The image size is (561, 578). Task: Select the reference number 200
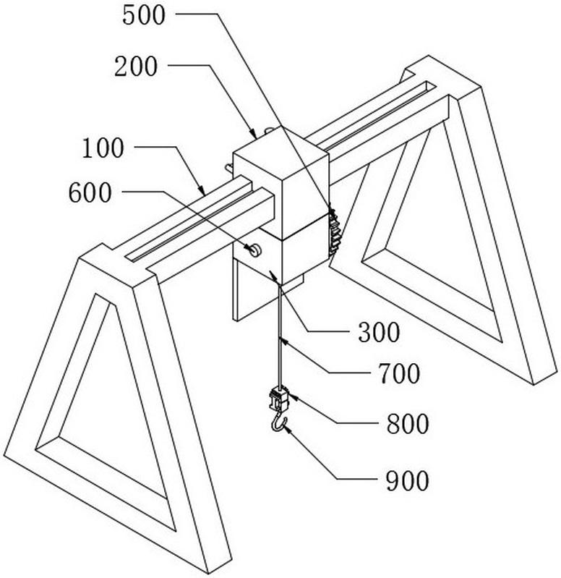136,67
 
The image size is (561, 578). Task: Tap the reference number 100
103,149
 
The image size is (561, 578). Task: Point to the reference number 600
90,193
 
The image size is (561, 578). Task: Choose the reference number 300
379,333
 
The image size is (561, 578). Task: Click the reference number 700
399,373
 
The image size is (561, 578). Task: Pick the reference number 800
408,424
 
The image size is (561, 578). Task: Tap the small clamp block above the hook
279,399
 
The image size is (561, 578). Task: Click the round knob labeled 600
254,250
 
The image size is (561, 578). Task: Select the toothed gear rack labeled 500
335,229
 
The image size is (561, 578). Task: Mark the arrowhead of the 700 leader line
282,341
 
